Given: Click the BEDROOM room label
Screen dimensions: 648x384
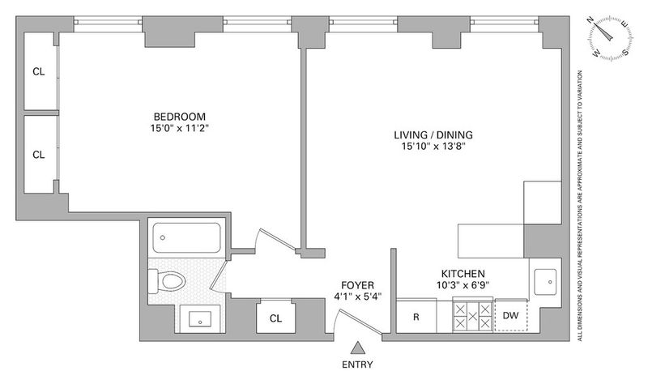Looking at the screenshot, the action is coord(179,117).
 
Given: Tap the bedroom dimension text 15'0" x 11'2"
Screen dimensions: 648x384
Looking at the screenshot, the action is coord(179,128).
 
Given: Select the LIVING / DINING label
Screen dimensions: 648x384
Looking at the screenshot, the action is coord(433,134).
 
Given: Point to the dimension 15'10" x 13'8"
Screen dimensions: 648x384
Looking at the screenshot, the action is coord(433,146).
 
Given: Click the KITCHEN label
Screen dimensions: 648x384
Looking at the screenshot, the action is coord(463,274).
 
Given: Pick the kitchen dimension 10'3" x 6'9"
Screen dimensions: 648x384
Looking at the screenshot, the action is coord(463,285).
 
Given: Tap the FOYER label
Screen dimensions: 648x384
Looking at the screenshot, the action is coord(357,285).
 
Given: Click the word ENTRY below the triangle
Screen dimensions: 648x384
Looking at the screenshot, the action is coord(357,365).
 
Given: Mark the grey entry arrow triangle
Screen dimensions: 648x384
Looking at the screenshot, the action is coord(357,348).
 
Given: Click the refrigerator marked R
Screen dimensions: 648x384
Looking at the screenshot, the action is coord(416,315).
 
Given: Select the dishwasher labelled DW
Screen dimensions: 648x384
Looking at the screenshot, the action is coord(511,315).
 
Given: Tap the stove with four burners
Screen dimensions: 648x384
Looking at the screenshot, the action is coord(473,316).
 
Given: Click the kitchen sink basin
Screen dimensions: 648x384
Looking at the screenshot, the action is coord(545,282).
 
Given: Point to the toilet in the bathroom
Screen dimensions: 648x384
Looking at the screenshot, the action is coord(168,281).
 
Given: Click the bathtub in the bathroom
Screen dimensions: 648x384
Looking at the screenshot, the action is coord(186,237).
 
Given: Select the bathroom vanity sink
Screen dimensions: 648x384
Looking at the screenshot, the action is coord(200,319).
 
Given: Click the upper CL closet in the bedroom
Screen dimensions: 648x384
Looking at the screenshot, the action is coord(39,71).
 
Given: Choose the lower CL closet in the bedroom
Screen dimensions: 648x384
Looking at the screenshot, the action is coord(39,154).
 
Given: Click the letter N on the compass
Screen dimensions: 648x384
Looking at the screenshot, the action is coord(591,21).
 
